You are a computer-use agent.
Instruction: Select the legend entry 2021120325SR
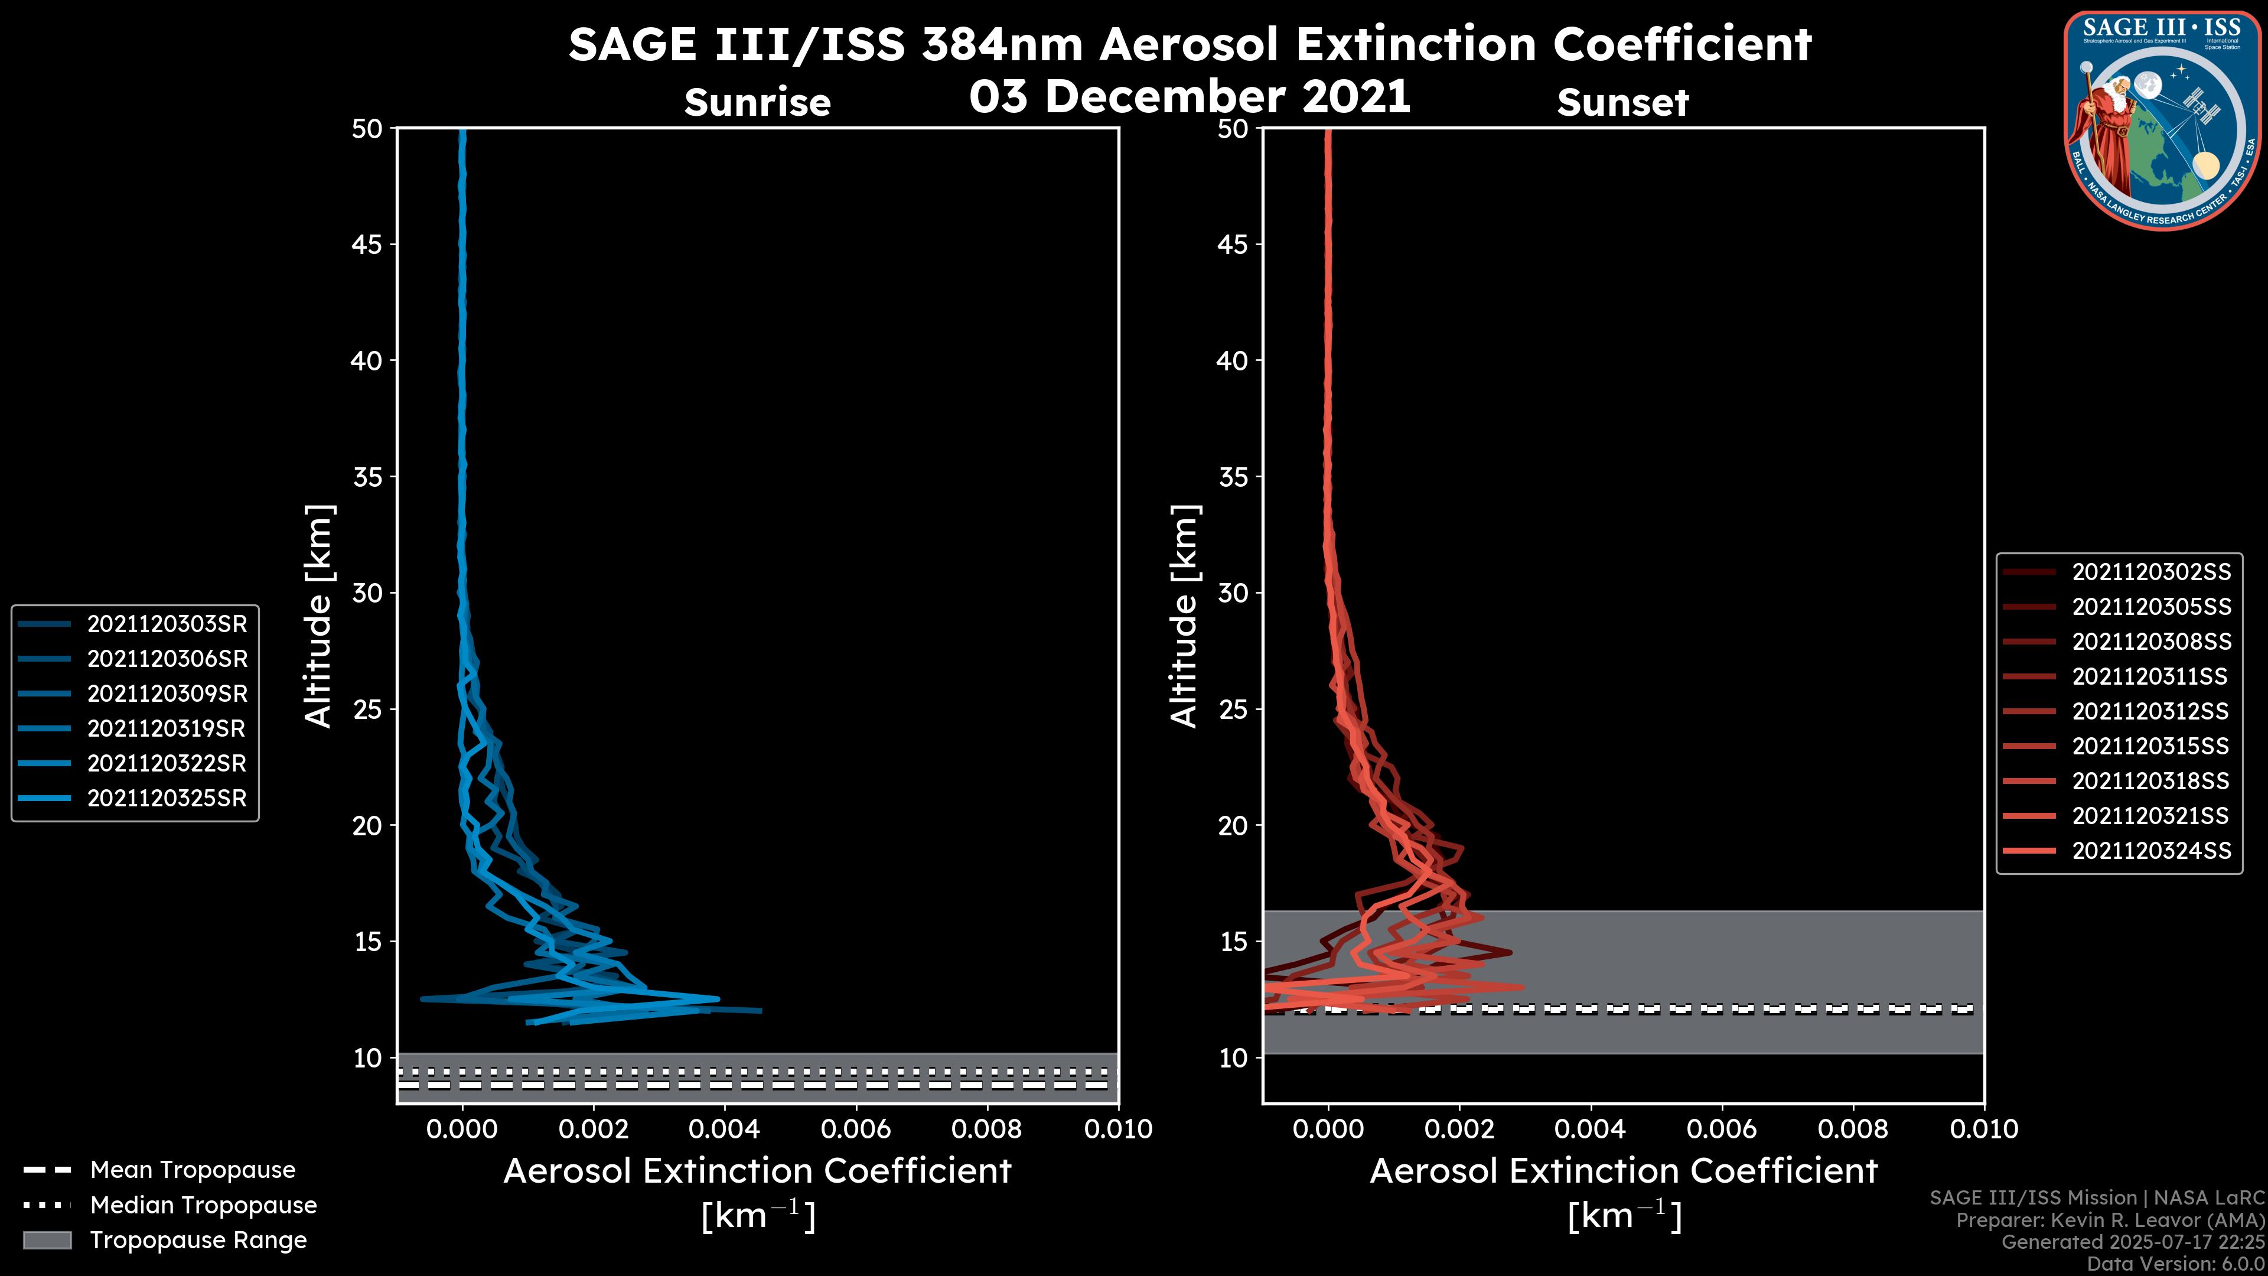tap(167, 799)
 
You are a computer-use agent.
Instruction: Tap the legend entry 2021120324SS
tap(2151, 851)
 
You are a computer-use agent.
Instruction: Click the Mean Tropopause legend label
tap(193, 1170)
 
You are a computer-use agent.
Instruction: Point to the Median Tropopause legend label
tap(203, 1205)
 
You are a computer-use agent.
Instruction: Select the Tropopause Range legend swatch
tap(47, 1240)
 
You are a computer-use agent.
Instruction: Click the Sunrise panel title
tap(757, 103)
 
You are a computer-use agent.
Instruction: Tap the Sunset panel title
tap(1622, 103)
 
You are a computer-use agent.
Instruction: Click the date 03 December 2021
tap(1190, 96)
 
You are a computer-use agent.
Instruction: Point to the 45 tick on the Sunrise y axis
tap(367, 245)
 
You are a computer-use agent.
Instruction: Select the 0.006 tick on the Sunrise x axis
tap(855, 1129)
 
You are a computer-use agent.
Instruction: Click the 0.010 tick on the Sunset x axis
tap(1984, 1129)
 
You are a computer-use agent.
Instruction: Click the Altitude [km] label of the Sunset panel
tap(1185, 616)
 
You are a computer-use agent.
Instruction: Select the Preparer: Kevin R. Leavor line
tap(2110, 1220)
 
